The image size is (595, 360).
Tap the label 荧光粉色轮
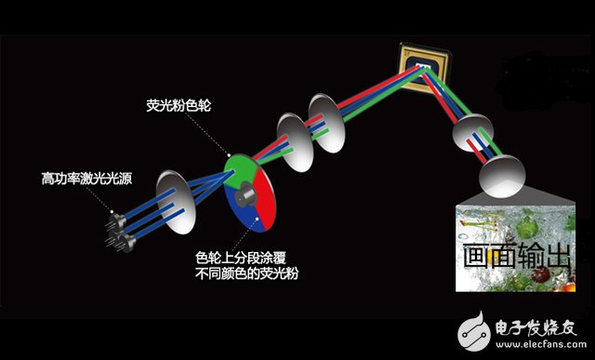(180, 105)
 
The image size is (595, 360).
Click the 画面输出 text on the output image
(516, 256)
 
